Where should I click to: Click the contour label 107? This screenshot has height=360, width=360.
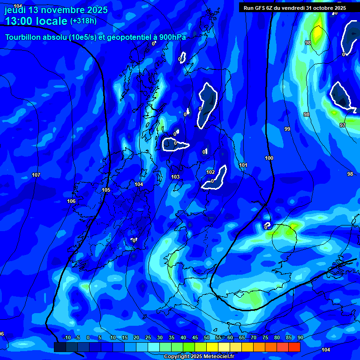click(x=36, y=175)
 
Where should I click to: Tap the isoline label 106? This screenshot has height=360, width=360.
click(x=71, y=201)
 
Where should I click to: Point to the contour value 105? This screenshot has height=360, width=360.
click(x=106, y=190)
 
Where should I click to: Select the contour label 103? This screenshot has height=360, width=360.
click(x=175, y=177)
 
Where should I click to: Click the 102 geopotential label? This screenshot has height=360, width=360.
click(x=211, y=172)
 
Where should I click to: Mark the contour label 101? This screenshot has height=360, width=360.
click(x=243, y=165)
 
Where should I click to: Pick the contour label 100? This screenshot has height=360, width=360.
click(x=269, y=158)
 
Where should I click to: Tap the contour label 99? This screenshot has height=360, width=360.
click(x=287, y=129)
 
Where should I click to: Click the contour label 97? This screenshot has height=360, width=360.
click(x=343, y=125)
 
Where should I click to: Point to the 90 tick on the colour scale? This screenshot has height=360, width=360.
click(x=300, y=337)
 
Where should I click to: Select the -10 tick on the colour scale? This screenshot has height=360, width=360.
click(x=67, y=337)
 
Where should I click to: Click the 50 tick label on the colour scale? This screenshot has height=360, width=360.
click(x=207, y=337)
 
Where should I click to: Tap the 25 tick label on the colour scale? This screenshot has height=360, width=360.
click(x=148, y=337)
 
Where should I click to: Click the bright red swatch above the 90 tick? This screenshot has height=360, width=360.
click(x=294, y=347)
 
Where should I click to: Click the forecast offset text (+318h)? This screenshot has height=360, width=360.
click(x=83, y=21)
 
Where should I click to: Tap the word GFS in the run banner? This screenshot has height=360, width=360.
click(x=262, y=8)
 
